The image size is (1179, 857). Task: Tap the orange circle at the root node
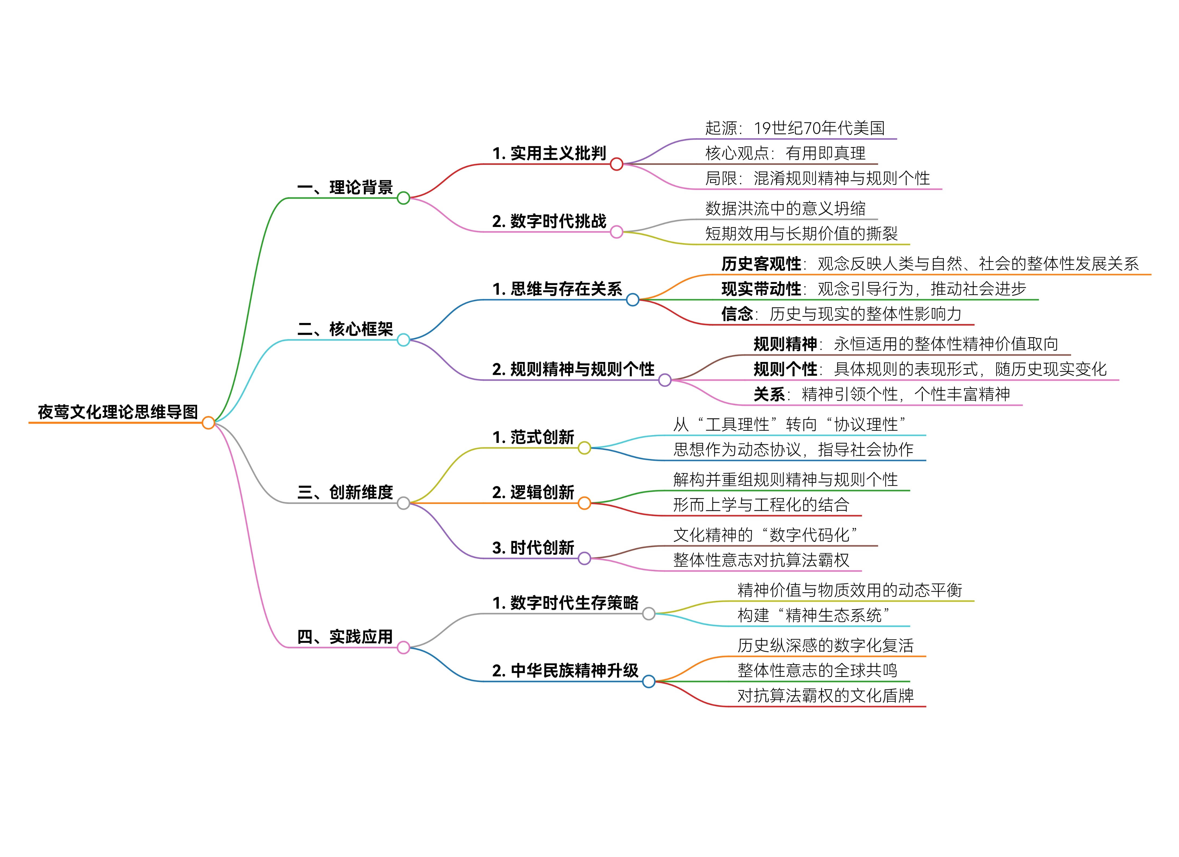point(208,423)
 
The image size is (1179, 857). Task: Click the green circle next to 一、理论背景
point(403,198)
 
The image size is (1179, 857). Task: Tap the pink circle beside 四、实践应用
point(403,648)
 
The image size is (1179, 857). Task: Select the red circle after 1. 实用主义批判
point(617,164)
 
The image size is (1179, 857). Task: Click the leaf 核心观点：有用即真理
point(785,153)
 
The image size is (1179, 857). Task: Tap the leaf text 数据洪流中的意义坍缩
point(785,208)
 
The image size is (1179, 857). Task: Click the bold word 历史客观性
point(761,264)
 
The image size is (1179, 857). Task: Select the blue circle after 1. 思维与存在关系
point(633,300)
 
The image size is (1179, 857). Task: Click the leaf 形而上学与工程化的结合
point(761,504)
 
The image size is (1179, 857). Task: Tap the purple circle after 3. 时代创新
point(584,559)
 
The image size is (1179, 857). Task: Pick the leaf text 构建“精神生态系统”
point(814,615)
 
